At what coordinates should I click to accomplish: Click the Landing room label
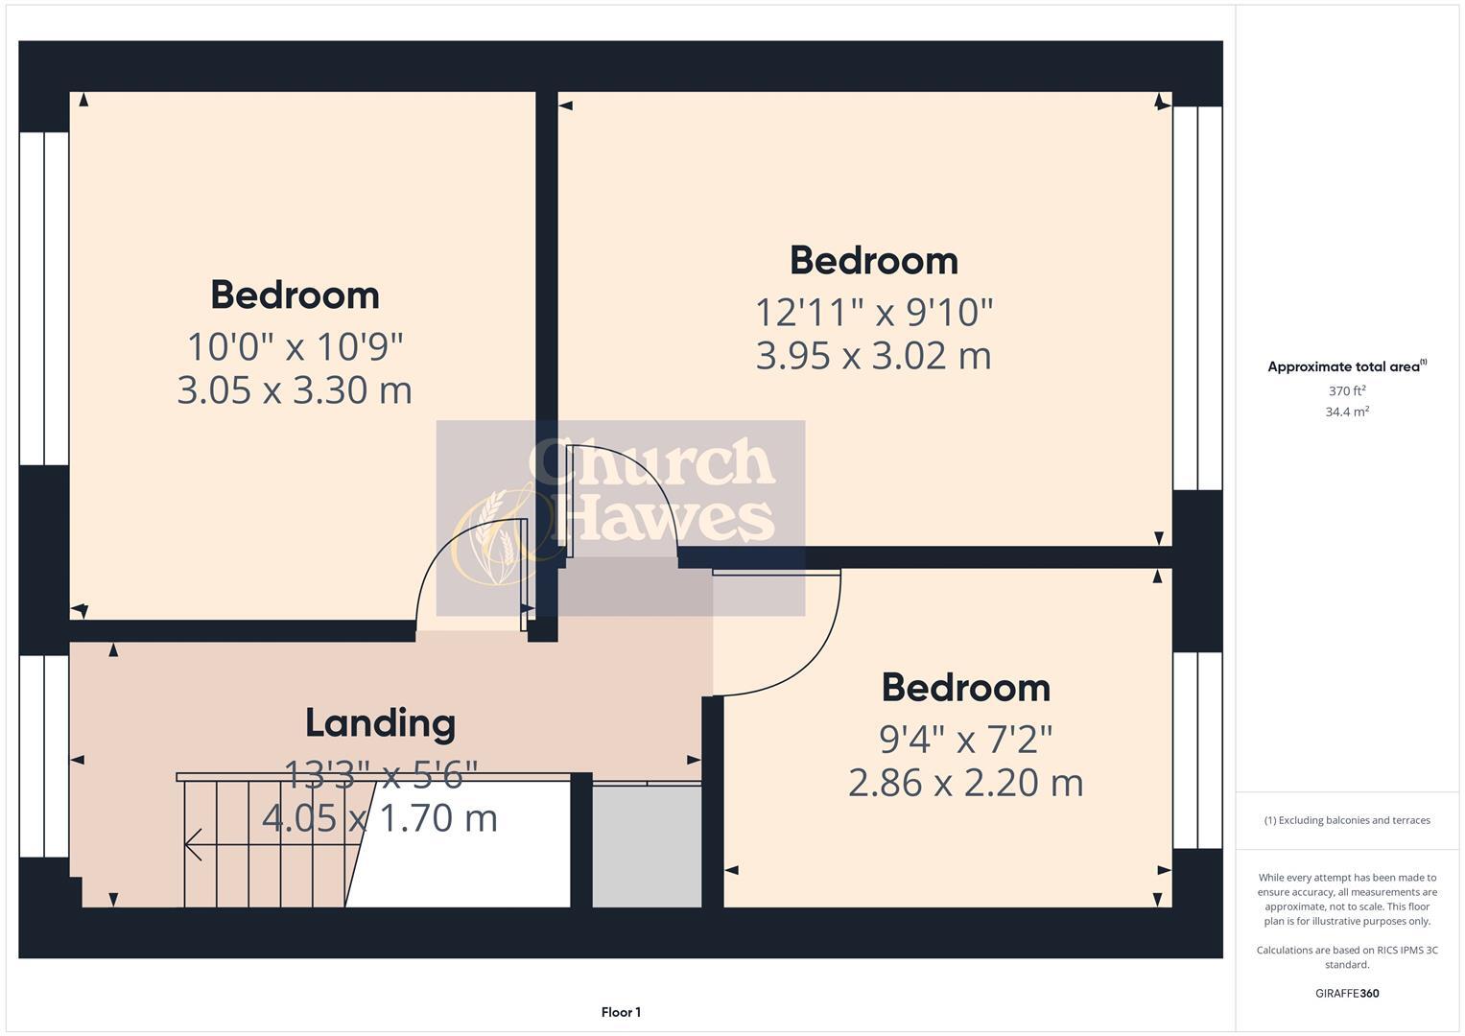click(380, 723)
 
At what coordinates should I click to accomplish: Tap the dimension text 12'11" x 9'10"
click(873, 312)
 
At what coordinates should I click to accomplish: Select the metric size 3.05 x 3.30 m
click(295, 390)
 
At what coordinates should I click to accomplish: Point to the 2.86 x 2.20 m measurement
click(965, 783)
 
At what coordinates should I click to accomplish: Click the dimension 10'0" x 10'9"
click(295, 345)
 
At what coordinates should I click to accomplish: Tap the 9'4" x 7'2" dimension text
click(965, 739)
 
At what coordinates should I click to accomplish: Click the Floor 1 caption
click(621, 1012)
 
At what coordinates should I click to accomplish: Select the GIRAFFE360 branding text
click(1346, 993)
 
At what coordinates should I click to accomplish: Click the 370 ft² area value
click(1347, 391)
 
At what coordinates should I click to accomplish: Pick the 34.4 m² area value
click(1347, 412)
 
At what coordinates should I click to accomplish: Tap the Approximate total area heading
click(1346, 366)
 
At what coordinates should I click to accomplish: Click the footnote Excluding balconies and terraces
click(1347, 820)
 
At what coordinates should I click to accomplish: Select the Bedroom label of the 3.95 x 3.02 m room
click(873, 260)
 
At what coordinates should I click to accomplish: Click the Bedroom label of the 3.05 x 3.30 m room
click(295, 294)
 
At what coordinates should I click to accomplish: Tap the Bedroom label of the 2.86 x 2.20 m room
click(965, 688)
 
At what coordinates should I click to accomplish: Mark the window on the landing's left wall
click(44, 755)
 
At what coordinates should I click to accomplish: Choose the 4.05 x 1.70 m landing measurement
click(380, 818)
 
